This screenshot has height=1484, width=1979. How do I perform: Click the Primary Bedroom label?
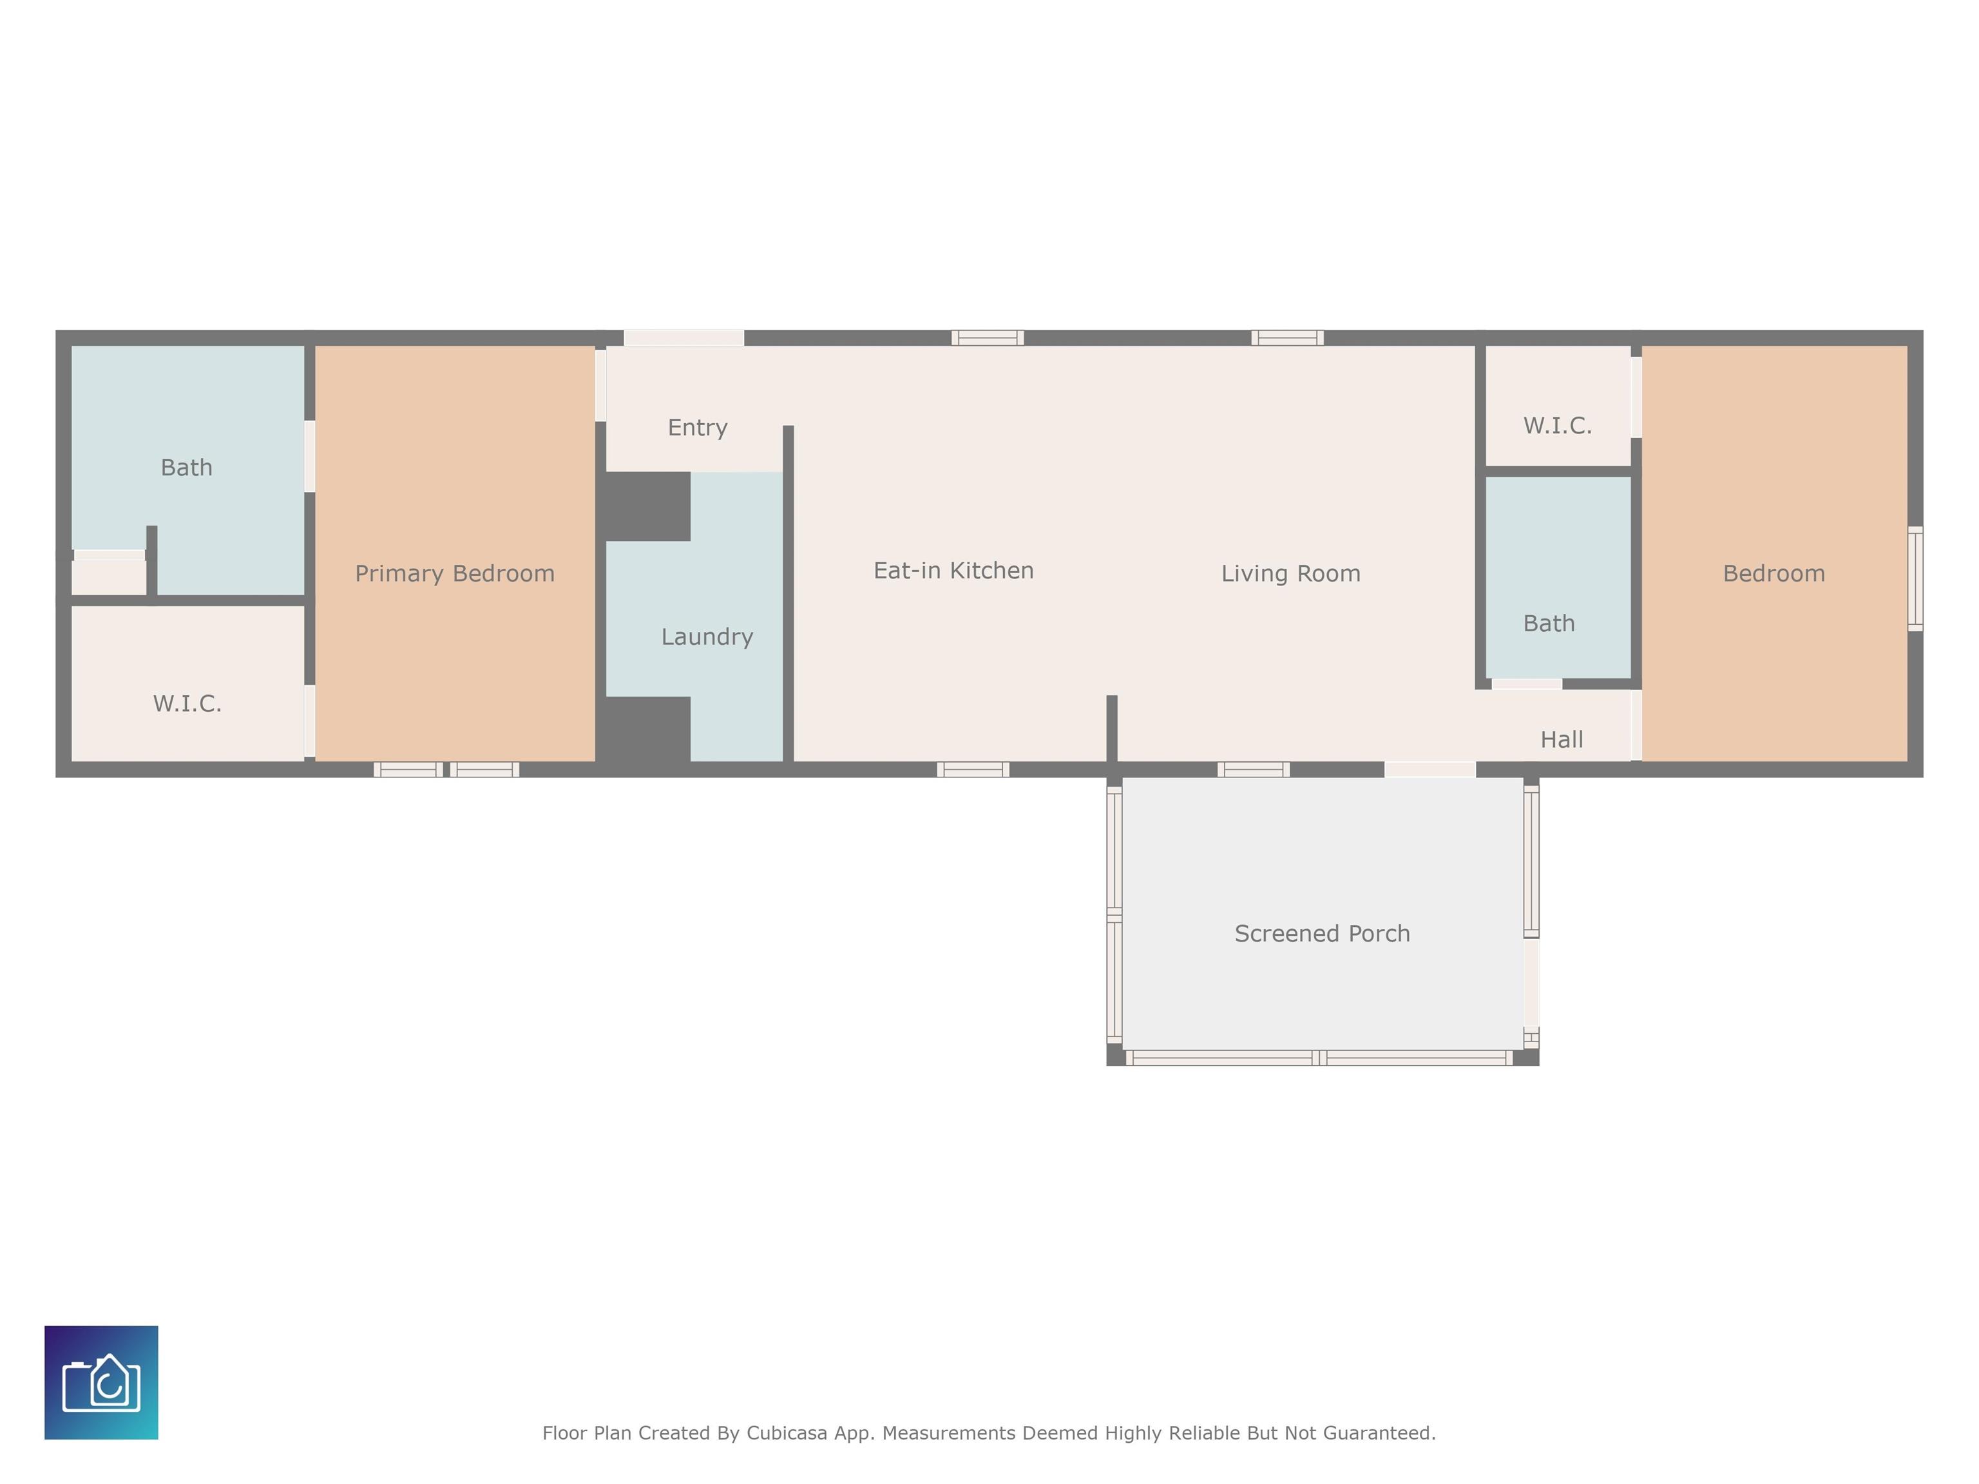(x=455, y=573)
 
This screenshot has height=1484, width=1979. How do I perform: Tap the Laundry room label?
(x=707, y=637)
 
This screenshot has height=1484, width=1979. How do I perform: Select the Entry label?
(x=698, y=428)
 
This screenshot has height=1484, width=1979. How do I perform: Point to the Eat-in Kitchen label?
(x=953, y=571)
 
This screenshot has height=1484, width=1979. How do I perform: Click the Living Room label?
(x=1291, y=573)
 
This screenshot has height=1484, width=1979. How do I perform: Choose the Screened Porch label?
(x=1323, y=934)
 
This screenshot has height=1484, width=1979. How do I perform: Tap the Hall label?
(x=1562, y=740)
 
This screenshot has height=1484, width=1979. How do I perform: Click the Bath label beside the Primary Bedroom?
(x=187, y=468)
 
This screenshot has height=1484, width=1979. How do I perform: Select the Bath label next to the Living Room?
(x=1549, y=623)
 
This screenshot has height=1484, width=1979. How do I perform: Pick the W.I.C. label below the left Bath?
(x=187, y=704)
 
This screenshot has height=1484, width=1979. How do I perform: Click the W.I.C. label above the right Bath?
(x=1558, y=426)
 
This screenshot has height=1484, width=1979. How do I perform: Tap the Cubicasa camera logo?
(x=101, y=1383)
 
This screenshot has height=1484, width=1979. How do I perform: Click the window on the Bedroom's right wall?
(x=1915, y=579)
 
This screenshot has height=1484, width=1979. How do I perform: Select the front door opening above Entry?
(x=684, y=338)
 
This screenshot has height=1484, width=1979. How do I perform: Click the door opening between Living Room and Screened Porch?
(x=1429, y=769)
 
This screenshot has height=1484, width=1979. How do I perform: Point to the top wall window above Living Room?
(x=1287, y=338)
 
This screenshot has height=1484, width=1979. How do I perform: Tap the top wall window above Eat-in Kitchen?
(x=988, y=338)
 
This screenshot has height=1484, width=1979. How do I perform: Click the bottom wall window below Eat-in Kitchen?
(x=973, y=769)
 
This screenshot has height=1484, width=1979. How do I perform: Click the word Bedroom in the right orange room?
(x=1774, y=573)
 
